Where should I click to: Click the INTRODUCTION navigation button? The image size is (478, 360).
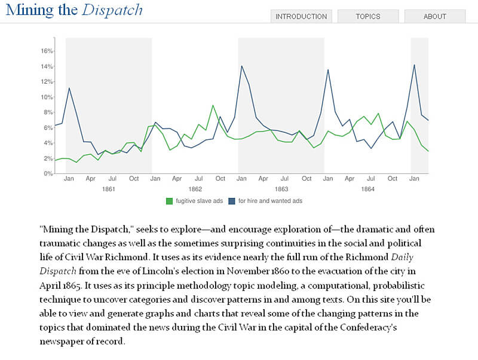pos(301,17)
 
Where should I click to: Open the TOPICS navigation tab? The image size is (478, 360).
pos(367,17)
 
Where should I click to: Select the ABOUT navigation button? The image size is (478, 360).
pos(435,17)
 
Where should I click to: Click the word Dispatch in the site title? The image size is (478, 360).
pos(112,10)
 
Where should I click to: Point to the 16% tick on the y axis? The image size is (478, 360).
pos(47,51)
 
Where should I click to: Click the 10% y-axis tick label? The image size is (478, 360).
pos(47,97)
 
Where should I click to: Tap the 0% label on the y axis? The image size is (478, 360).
pos(48,173)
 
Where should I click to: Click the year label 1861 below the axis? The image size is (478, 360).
pos(109,189)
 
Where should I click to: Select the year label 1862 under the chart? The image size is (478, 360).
pos(195,189)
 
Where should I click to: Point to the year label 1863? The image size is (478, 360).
pos(281,189)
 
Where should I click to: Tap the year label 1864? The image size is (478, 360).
pos(367,189)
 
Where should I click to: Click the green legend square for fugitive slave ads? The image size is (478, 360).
pos(169,201)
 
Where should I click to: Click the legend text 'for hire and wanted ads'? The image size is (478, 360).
pos(270,201)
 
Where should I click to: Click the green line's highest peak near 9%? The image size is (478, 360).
pos(213,105)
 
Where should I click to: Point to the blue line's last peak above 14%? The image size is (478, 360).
pos(414,65)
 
